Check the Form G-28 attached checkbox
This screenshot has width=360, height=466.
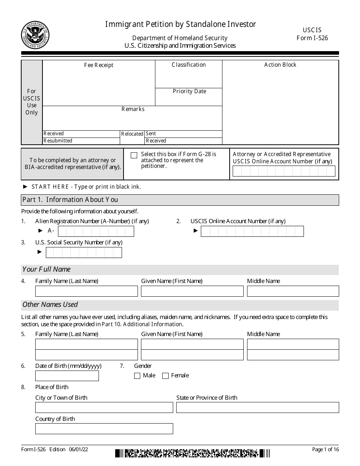point(134,155)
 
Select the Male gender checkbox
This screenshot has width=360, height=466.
point(137,376)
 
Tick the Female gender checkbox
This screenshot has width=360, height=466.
point(165,376)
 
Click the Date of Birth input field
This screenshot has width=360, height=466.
point(67,376)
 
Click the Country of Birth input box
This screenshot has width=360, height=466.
point(104,429)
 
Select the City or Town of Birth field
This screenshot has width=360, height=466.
point(104,408)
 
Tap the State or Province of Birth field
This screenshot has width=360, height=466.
point(257,408)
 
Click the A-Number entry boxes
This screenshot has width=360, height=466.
point(96,231)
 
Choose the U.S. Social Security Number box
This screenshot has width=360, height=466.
point(84,252)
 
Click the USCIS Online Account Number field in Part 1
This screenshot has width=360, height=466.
point(252,231)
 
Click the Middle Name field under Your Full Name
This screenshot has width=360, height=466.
point(293,291)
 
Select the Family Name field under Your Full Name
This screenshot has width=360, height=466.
point(86,291)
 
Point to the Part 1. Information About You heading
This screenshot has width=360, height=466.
point(70,200)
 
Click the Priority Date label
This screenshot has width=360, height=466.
point(189,91)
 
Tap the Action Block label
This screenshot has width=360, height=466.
point(280,65)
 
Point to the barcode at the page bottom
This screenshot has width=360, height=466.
point(193,453)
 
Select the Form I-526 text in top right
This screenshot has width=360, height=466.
point(312,38)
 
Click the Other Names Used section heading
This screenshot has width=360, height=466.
point(50,305)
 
